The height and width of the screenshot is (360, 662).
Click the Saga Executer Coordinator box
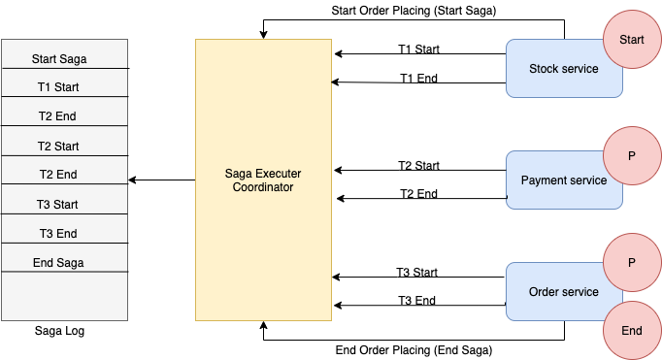[x=261, y=180]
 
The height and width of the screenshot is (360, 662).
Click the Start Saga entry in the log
[x=59, y=58]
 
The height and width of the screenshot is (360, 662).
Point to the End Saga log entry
[x=58, y=262]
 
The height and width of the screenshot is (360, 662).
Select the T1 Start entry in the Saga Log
[x=58, y=86]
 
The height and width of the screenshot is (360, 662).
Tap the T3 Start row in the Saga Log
[x=58, y=204]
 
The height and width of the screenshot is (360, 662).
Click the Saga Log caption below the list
[x=59, y=331]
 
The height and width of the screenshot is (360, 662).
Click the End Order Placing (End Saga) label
[x=414, y=349]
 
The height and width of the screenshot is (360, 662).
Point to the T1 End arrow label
[x=418, y=78]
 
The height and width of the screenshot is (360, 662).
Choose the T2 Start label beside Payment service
[x=418, y=166]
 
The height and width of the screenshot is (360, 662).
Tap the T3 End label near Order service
[x=416, y=301]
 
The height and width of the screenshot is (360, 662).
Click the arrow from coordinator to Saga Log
[x=162, y=180]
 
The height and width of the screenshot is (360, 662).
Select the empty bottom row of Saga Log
[x=64, y=296]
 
